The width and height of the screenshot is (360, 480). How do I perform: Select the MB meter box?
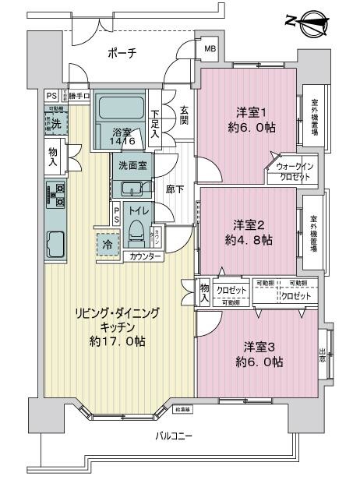[210, 50]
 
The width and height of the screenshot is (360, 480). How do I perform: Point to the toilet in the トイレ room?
[137, 230]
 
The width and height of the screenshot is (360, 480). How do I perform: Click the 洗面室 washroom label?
[133, 165]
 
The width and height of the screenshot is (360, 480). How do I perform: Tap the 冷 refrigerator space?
[107, 244]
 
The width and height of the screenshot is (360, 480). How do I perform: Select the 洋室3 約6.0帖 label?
[261, 355]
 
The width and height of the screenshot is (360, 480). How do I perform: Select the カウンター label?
[146, 256]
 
